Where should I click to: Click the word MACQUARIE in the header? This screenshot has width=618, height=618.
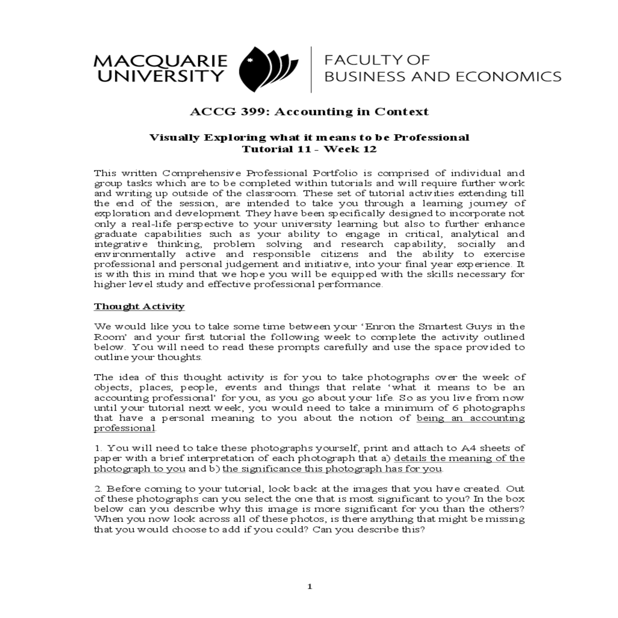pos(160,61)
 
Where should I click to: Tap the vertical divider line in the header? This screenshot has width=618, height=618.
pos(311,69)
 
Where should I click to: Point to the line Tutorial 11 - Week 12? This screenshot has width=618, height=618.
pos(309,149)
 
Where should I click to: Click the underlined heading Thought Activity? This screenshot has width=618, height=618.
pos(139,306)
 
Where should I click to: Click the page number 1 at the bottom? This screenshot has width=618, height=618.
pos(309,586)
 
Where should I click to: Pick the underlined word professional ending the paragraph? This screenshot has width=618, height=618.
pos(124,428)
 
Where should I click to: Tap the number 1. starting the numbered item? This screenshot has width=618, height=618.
pos(98,448)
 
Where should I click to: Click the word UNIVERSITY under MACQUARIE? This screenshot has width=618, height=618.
pos(160,77)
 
